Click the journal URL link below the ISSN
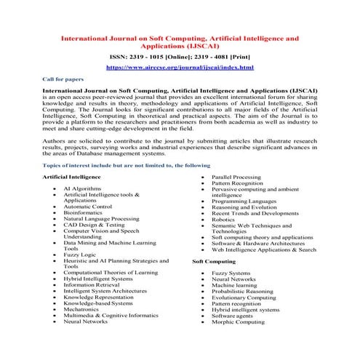(180, 67)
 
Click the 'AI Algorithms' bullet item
(84, 188)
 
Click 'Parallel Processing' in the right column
(240, 177)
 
